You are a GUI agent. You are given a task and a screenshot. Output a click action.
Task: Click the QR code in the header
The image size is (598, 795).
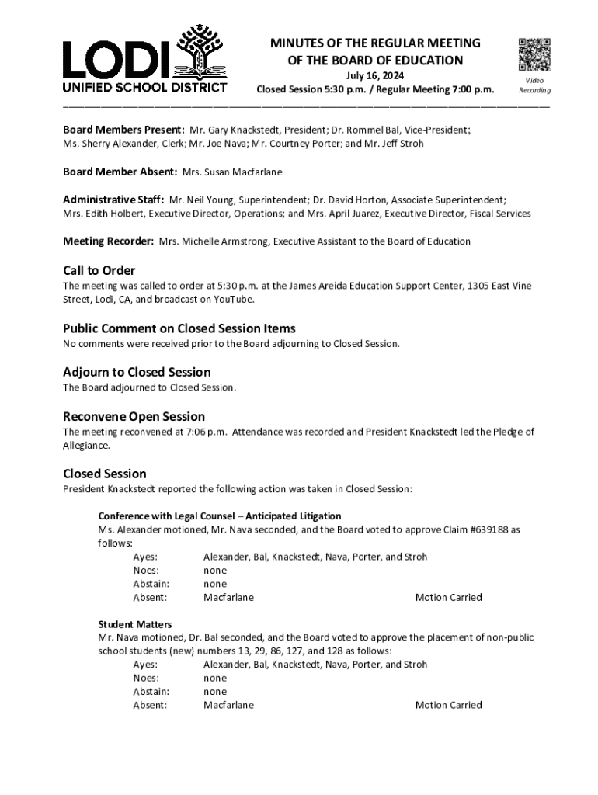534,54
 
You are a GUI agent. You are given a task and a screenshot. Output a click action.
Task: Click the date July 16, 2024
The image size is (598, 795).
375,75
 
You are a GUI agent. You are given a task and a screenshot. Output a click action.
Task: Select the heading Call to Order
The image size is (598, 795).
99,270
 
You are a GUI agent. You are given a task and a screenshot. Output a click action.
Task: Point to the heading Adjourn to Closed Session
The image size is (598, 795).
137,372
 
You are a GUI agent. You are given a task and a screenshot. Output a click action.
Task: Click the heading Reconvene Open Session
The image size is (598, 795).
134,416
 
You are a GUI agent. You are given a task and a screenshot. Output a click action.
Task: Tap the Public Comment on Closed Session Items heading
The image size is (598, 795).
179,328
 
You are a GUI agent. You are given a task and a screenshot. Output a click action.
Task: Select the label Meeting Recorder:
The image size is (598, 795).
109,241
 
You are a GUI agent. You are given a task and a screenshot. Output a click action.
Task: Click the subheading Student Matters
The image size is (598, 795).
134,624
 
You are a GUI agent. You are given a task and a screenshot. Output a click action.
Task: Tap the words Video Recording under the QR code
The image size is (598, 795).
534,85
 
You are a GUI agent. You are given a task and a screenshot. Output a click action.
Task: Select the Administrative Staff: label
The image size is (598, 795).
113,199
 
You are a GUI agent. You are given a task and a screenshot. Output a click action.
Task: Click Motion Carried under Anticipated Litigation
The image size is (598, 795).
448,598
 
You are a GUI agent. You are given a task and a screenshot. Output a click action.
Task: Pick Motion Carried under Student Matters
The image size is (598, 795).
448,705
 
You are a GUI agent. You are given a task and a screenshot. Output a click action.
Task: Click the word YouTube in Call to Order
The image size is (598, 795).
231,300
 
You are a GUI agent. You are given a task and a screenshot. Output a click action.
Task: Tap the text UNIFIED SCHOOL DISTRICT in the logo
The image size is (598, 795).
145,87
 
